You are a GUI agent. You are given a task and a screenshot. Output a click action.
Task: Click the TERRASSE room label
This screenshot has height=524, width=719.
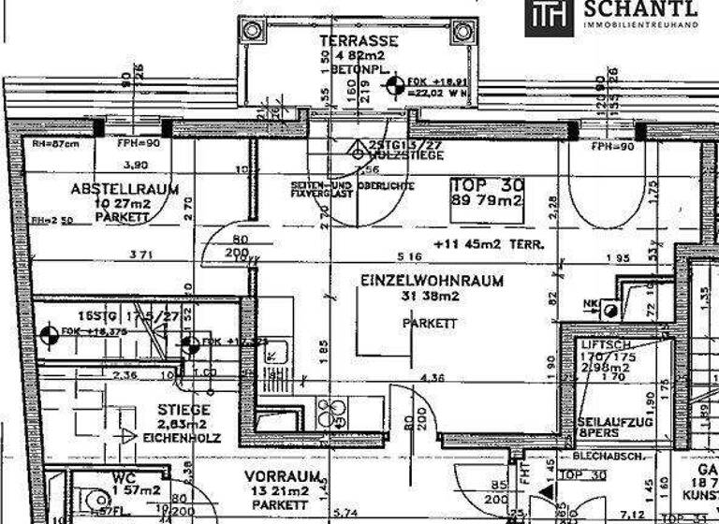coord(359,41)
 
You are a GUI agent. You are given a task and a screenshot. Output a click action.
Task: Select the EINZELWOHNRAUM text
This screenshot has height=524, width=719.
coord(432,280)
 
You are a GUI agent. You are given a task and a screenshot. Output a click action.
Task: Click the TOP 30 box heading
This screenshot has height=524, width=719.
coord(486,185)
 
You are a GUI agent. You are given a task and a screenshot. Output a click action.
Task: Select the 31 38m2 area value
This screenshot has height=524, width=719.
coord(430,297)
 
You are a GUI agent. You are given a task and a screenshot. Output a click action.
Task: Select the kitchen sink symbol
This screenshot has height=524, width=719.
coord(277,354)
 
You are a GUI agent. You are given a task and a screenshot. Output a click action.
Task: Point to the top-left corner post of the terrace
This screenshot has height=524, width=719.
coord(252,30)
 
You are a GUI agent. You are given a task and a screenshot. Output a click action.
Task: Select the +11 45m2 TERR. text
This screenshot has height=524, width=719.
coord(489,243)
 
